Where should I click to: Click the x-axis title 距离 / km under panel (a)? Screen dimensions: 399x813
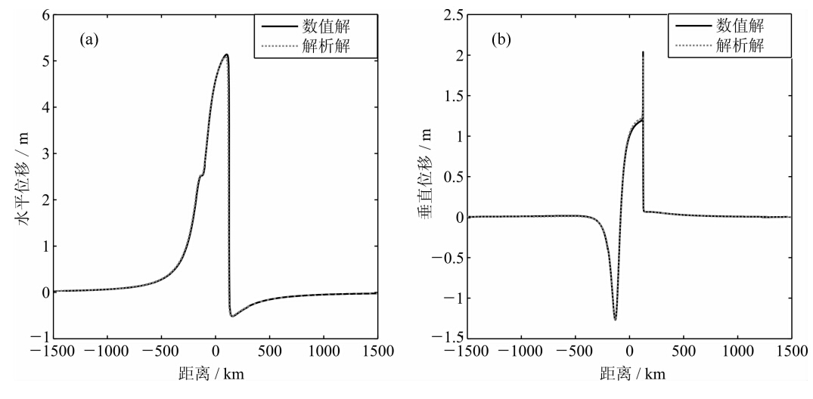click(216, 374)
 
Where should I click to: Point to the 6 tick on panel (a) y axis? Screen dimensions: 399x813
click(45, 14)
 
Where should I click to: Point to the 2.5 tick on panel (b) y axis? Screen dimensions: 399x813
click(451, 14)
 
